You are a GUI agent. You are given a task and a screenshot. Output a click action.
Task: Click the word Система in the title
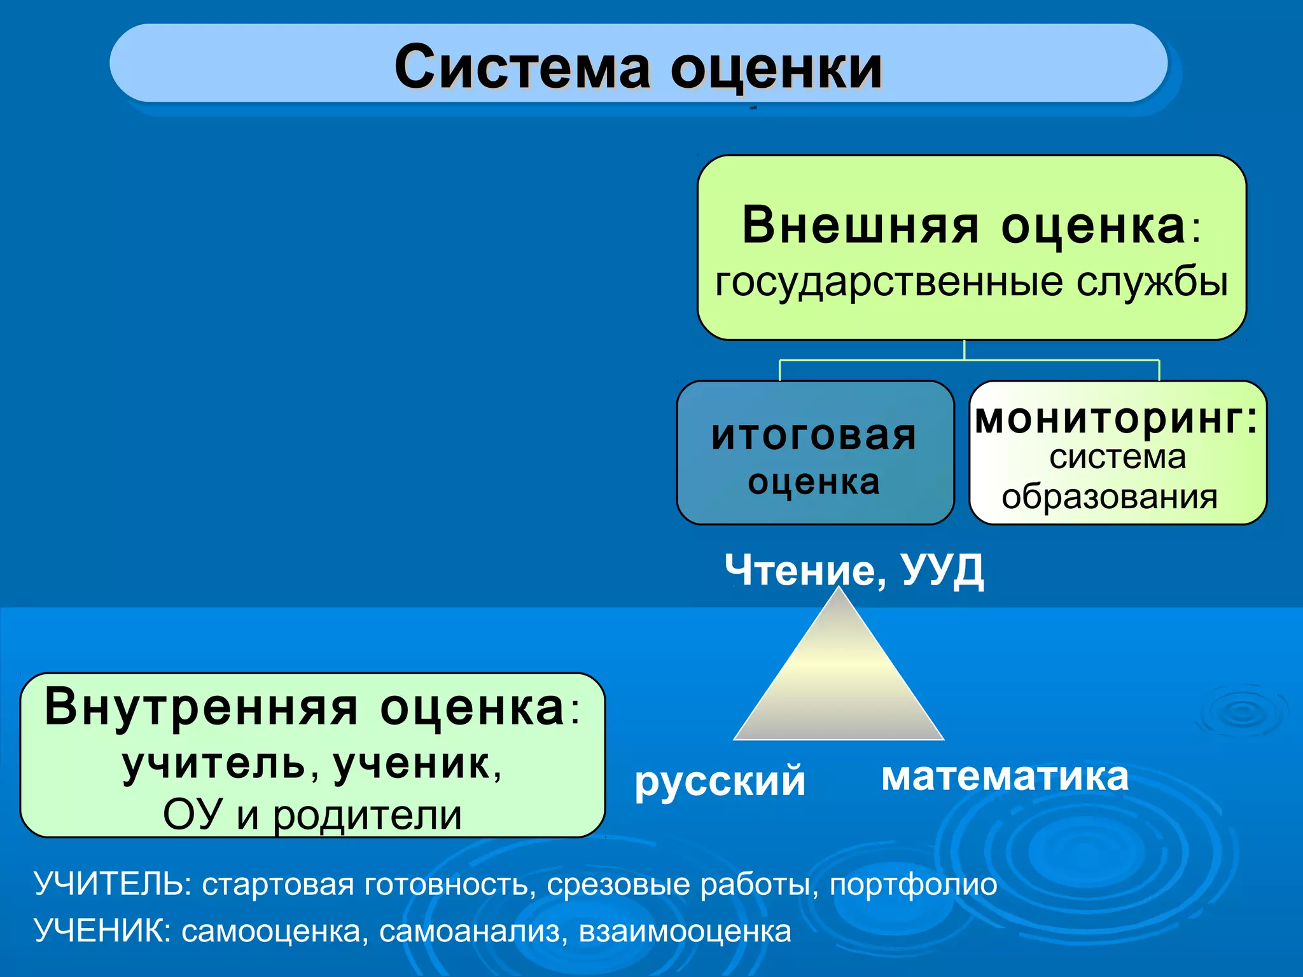[522, 67]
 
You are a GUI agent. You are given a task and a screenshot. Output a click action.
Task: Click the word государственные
[888, 282]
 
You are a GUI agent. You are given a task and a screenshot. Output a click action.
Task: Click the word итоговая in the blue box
[814, 436]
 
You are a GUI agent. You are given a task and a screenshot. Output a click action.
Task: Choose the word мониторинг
[1116, 420]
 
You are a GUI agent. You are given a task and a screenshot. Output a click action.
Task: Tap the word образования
[1110, 497]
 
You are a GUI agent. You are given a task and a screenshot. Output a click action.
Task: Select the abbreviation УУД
[943, 569]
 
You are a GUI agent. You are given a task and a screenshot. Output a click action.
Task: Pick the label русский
[720, 782]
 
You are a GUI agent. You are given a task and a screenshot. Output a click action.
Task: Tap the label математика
[1005, 777]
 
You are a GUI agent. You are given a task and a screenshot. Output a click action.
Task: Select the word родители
[367, 815]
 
